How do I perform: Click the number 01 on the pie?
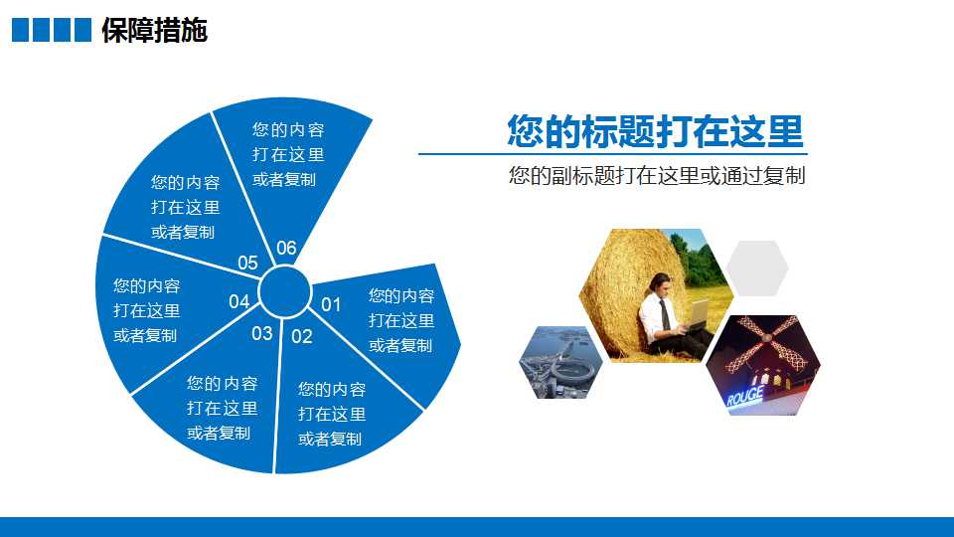tap(330, 304)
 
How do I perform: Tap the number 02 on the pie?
tap(302, 336)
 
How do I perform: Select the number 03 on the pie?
tap(262, 333)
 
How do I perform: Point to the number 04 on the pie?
tap(239, 301)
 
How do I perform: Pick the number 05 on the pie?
tap(247, 263)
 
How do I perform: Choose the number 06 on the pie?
tap(286, 248)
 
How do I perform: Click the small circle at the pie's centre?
tap(285, 291)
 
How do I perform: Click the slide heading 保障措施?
tap(155, 30)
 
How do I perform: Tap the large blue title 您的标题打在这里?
tap(655, 131)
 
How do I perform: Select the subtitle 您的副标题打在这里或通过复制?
tap(657, 175)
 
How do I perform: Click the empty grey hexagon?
tap(757, 268)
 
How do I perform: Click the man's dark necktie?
tap(665, 313)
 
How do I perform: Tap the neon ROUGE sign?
tap(744, 397)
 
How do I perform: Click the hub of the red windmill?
tap(766, 337)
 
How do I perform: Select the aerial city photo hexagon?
tap(560, 363)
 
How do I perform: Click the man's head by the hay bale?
tap(660, 283)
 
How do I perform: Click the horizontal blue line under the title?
tap(613, 154)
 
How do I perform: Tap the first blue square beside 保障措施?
tap(20, 30)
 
